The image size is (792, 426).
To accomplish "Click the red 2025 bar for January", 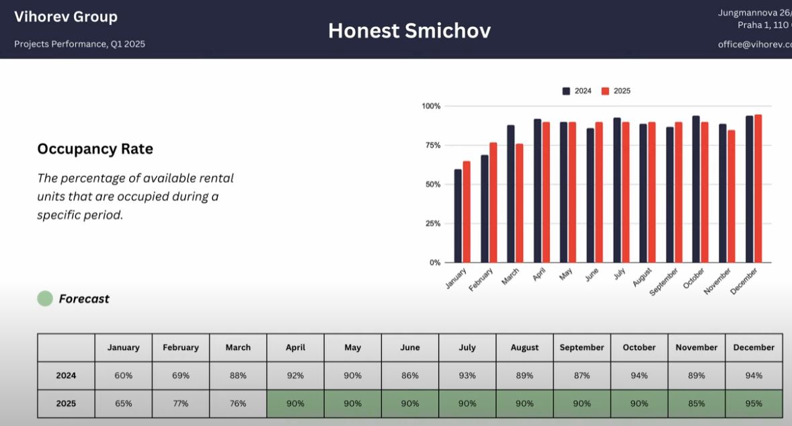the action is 467,212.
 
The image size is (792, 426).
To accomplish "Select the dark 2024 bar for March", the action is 511,194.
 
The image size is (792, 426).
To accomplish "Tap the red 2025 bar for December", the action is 758,188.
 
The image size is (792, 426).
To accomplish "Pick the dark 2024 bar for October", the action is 696,189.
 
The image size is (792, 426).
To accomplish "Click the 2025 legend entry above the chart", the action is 616,91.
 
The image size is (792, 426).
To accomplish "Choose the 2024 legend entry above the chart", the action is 577,91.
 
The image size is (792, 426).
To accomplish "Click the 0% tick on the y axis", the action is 435,263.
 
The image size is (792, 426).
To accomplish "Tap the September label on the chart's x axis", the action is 664,282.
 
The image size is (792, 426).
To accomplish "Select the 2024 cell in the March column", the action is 238,376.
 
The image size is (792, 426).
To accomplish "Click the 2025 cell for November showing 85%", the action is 697,404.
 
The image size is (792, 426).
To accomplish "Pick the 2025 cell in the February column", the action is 181,404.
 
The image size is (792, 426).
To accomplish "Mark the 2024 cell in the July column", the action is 467,376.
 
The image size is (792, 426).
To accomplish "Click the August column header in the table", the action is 525,347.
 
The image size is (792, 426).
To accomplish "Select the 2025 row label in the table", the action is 66,404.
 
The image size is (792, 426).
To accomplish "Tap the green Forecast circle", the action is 45,298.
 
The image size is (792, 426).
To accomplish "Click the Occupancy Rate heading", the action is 95,149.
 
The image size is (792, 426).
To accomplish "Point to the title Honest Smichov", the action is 409,31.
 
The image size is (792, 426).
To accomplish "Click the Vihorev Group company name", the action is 66,17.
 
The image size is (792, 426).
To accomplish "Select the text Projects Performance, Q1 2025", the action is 79,44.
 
